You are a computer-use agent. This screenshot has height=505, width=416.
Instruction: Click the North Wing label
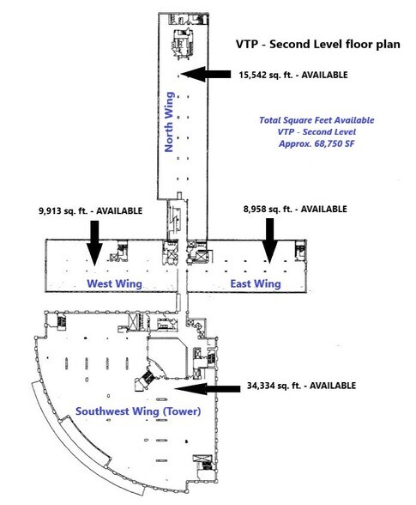[169, 122]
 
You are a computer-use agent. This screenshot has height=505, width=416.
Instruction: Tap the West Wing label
[115, 283]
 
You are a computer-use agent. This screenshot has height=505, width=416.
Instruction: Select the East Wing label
[256, 283]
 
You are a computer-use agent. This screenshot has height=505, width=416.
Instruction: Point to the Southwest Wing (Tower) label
[138, 411]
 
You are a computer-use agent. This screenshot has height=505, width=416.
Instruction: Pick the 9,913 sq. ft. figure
[63, 211]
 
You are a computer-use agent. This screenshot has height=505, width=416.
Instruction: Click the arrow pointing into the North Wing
[206, 74]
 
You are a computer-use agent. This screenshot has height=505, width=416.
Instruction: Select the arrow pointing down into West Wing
[94, 243]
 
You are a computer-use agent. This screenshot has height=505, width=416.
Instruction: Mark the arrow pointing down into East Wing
[269, 240]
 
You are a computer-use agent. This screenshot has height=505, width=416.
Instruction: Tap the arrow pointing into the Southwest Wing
[208, 389]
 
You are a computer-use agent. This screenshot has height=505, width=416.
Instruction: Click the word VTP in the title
[247, 44]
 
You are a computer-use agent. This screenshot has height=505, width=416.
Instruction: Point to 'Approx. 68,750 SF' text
[317, 143]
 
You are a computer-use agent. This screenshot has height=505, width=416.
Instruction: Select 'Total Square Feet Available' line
[317, 120]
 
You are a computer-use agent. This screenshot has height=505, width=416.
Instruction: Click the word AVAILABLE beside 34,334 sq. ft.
[333, 386]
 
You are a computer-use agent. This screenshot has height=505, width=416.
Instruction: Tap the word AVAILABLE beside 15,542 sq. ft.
[324, 75]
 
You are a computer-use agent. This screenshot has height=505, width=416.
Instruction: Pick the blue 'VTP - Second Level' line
[317, 132]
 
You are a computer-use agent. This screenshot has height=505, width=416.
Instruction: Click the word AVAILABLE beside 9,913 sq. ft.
[119, 211]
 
